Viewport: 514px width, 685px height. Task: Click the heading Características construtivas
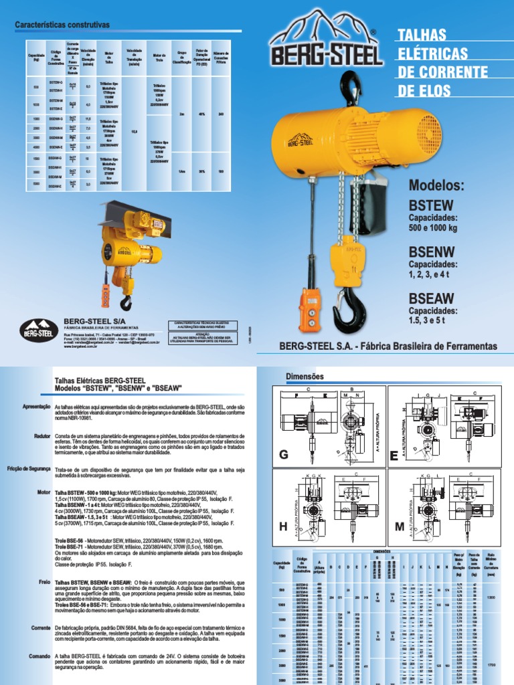point(62,25)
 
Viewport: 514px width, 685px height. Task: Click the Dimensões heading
point(305,377)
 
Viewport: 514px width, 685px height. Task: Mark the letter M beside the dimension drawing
point(400,527)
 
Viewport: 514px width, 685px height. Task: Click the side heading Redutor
point(42,435)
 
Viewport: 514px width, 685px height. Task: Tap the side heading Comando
point(41,657)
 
